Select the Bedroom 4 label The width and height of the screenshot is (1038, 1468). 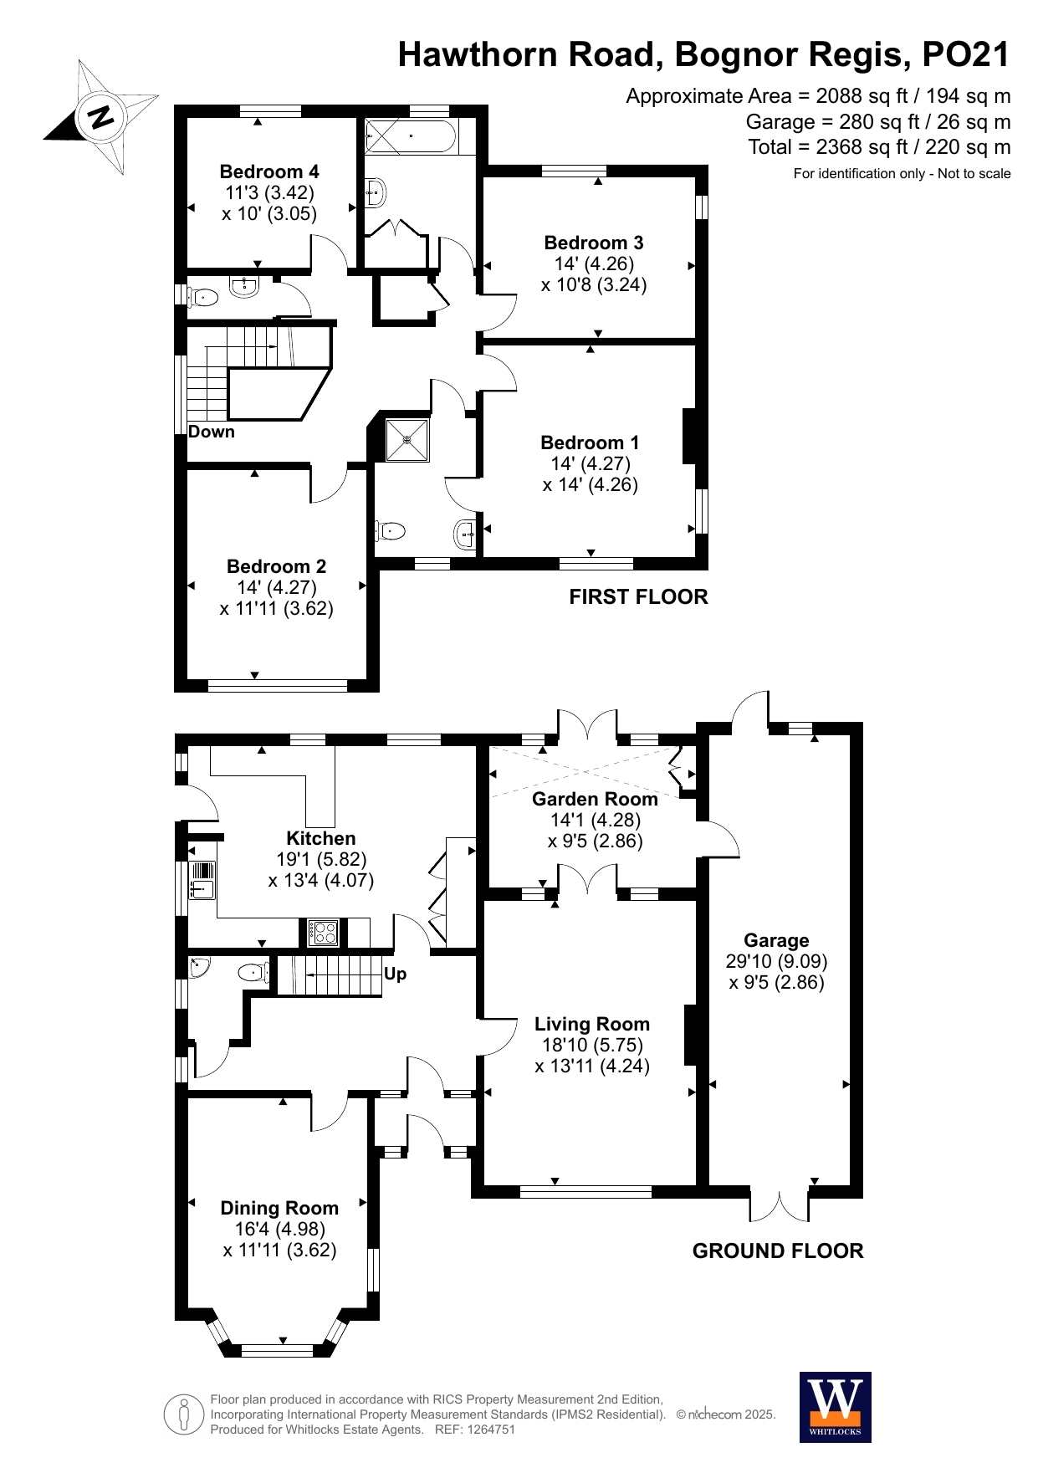[269, 171]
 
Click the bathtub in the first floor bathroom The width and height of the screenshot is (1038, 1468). [411, 136]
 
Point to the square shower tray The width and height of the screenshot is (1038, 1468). [407, 439]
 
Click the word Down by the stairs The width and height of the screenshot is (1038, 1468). [212, 432]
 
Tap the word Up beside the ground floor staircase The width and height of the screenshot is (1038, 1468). [396, 974]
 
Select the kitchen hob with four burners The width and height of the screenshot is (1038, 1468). [323, 932]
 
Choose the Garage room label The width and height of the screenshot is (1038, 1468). [776, 940]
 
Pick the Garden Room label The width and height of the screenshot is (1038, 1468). [595, 799]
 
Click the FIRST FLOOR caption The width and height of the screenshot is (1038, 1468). [638, 596]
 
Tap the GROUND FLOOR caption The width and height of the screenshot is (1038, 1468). [777, 1251]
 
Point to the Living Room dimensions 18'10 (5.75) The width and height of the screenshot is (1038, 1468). [592, 1045]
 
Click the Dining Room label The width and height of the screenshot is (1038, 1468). [279, 1208]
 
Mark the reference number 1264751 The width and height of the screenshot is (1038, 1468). [488, 1430]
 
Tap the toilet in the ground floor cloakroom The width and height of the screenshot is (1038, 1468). [253, 972]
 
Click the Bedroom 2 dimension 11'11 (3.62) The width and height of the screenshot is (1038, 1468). [277, 608]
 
